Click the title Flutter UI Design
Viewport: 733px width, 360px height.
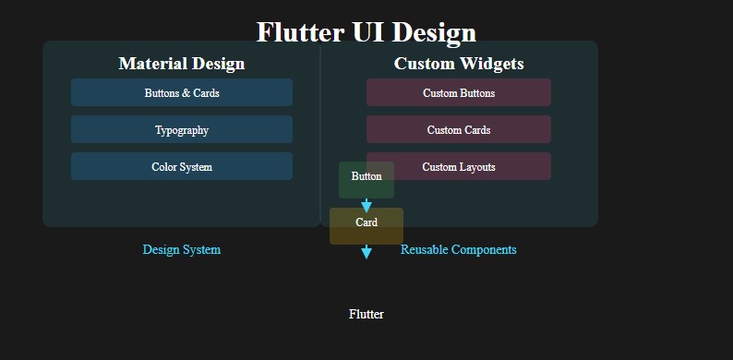click(366, 32)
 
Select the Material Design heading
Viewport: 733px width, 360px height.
click(182, 64)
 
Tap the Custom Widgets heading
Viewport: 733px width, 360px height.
click(459, 64)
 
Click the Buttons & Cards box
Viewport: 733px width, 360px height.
click(182, 93)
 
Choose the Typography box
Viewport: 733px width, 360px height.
click(182, 130)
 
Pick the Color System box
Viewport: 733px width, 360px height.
click(182, 167)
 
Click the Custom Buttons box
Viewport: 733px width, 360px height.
click(459, 93)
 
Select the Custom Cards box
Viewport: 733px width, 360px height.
click(459, 130)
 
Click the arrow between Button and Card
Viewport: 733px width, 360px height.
click(366, 205)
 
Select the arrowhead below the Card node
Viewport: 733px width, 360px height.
click(366, 252)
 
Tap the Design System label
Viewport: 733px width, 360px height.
click(182, 250)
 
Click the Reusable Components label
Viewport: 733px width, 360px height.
click(459, 250)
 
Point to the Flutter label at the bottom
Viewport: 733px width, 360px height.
click(366, 315)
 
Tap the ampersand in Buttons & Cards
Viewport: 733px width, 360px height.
click(187, 93)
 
